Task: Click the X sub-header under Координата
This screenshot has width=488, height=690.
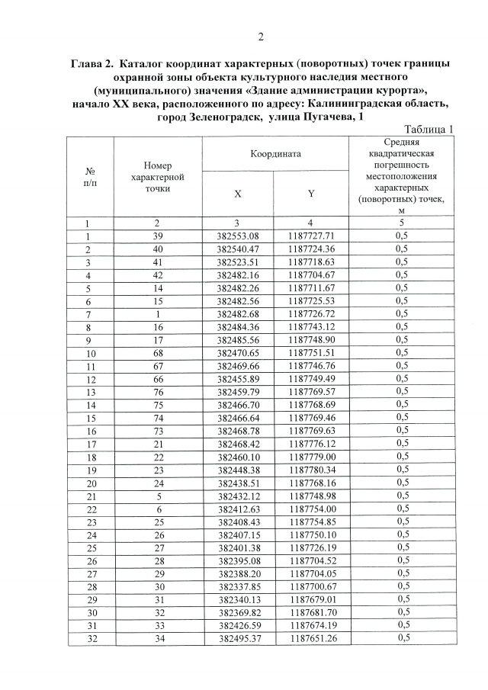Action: (x=238, y=194)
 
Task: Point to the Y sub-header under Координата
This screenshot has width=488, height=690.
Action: (x=312, y=194)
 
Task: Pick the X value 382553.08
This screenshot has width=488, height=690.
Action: (x=238, y=236)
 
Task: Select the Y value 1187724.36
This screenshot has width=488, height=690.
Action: (x=312, y=249)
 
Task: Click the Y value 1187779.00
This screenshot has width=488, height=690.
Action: (x=312, y=456)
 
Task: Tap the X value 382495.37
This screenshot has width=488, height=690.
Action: (x=238, y=637)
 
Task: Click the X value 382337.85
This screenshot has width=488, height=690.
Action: (x=238, y=586)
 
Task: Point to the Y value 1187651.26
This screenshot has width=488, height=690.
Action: (x=312, y=637)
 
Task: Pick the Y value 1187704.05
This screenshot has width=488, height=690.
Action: (x=312, y=573)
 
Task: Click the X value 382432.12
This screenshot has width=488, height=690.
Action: (x=238, y=495)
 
